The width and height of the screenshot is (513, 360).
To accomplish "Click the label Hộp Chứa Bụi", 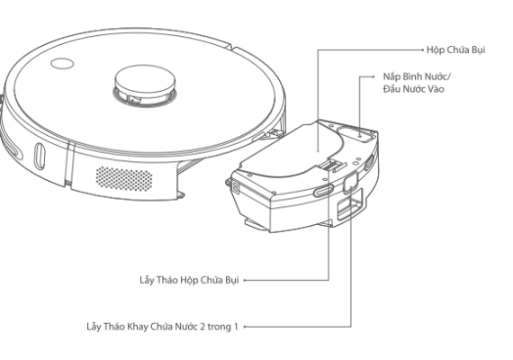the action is (x=455, y=50).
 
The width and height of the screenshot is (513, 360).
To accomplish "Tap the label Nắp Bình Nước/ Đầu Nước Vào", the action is (x=417, y=83).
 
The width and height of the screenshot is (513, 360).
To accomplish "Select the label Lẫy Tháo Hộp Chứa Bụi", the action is (x=189, y=280).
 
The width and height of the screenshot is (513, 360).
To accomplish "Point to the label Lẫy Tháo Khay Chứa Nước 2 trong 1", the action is (x=163, y=327).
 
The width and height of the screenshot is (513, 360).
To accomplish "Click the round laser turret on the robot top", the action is (x=145, y=85).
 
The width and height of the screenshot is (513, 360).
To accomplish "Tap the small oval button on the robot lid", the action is (x=62, y=64).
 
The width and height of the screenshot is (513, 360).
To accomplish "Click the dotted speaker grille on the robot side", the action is (x=124, y=179).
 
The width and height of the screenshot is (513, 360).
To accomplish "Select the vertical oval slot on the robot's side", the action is (x=40, y=156).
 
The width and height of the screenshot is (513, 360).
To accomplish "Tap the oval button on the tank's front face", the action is (x=323, y=190).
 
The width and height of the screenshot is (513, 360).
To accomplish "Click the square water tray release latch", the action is (x=350, y=182).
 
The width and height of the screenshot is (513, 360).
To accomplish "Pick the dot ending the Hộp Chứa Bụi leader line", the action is (x=423, y=49).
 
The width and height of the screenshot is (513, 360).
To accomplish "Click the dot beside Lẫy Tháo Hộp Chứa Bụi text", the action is (x=245, y=280).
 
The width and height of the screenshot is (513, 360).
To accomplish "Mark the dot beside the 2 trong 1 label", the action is (x=245, y=327).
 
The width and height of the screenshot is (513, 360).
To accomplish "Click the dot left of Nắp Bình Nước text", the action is (x=374, y=76).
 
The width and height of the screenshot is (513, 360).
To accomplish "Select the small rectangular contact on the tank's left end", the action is (x=235, y=188).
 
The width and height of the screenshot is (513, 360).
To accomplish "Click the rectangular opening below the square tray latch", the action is (x=350, y=204).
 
